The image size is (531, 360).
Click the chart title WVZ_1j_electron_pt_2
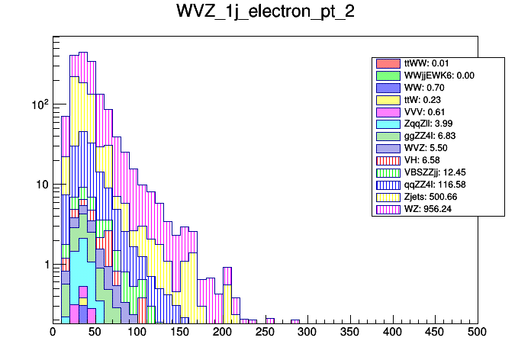point(265,13)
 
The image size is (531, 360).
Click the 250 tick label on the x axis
point(265,332)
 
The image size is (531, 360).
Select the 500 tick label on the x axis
point(478,332)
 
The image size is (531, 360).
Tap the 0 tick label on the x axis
point(53,332)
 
